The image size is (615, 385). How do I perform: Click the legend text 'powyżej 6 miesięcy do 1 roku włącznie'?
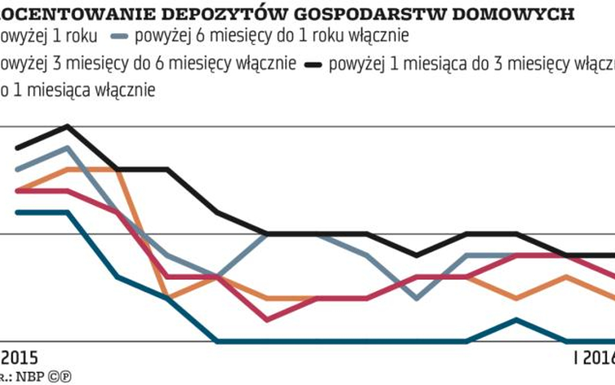pyautogui.click(x=272, y=36)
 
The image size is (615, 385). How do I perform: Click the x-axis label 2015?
pyautogui.click(x=19, y=358)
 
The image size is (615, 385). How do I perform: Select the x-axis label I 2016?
pyautogui.click(x=594, y=358)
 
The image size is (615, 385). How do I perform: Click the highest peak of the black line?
pyautogui.click(x=67, y=126)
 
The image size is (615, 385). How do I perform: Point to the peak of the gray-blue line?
pyautogui.click(x=67, y=147)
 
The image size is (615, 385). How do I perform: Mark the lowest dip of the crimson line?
pyautogui.click(x=267, y=319)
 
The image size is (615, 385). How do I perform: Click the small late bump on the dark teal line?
pyautogui.click(x=516, y=319)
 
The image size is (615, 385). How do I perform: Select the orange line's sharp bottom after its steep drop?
pyautogui.click(x=168, y=298)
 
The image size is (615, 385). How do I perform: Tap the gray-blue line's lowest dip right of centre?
pyautogui.click(x=416, y=299)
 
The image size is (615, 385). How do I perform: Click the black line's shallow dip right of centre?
pyautogui.click(x=416, y=255)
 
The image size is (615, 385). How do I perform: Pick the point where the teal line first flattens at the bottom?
pyautogui.click(x=218, y=341)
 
